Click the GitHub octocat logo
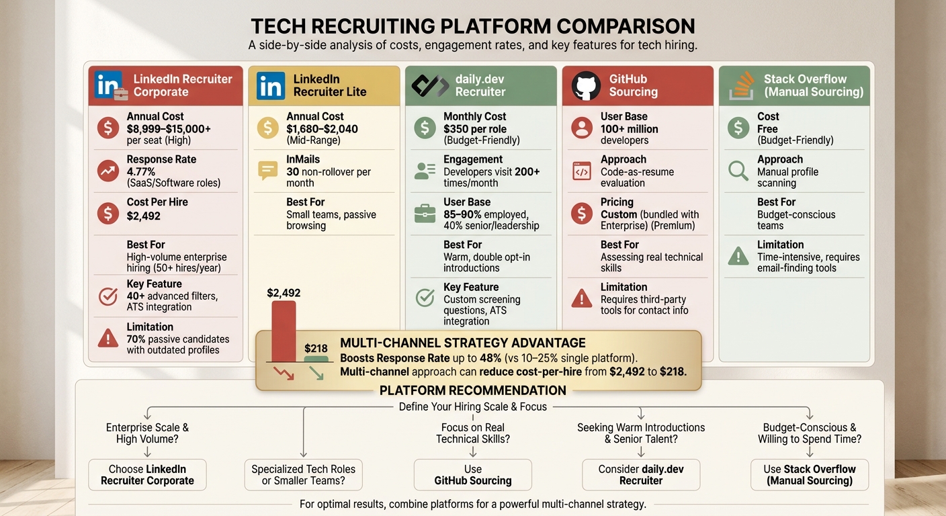click(586, 86)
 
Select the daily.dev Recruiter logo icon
click(429, 86)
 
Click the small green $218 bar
click(316, 359)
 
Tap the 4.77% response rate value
click(141, 171)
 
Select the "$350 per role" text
click(475, 129)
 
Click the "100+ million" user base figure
click(630, 129)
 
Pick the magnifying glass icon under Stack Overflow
click(738, 171)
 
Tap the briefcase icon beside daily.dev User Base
click(425, 214)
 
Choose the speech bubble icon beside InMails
click(267, 171)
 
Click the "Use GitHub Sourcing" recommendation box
click(472, 475)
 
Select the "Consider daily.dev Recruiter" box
click(640, 475)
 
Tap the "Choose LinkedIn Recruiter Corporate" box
click(147, 475)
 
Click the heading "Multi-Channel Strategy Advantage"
click(463, 343)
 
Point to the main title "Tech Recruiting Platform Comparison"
click(472, 26)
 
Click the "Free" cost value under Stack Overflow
click(767, 129)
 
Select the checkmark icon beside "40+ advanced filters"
click(108, 296)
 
